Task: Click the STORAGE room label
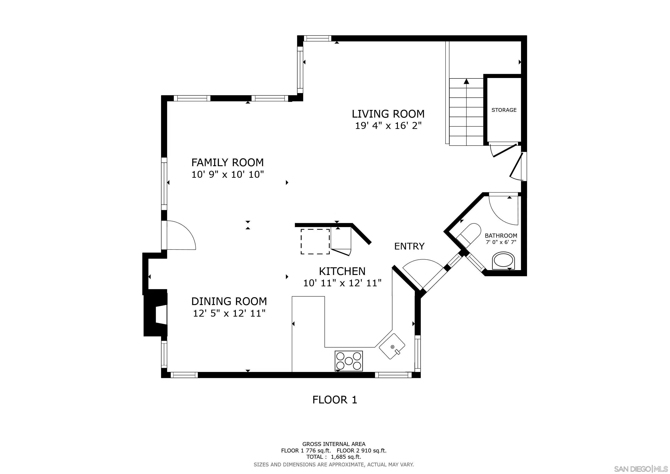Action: coord(504,110)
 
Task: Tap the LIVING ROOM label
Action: coord(388,114)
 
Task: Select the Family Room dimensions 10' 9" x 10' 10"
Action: coord(228,175)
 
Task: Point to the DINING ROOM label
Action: coord(229,301)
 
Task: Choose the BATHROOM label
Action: coord(501,236)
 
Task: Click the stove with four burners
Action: coord(349,361)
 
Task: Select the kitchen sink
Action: coord(392,347)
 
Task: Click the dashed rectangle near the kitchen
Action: coord(315,242)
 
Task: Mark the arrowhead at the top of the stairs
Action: coord(466,81)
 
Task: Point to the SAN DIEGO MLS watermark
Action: coord(641,469)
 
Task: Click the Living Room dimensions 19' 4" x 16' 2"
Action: coord(388,126)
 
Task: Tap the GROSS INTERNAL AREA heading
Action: coord(334,444)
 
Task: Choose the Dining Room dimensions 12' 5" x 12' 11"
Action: coord(229,313)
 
